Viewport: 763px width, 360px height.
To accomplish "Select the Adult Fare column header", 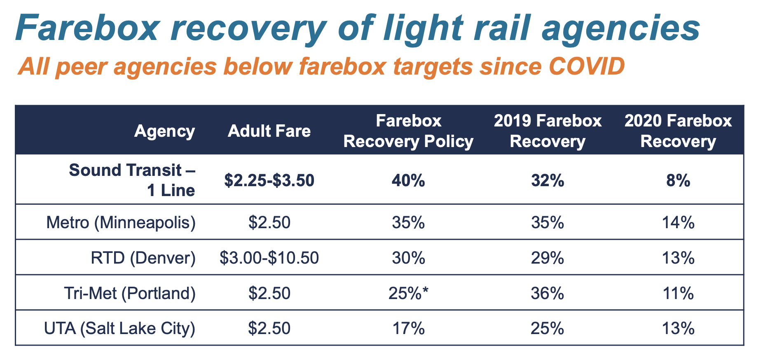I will [269, 131].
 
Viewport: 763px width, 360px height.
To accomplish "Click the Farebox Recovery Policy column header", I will [408, 131].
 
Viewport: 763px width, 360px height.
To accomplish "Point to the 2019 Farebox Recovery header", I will [548, 131].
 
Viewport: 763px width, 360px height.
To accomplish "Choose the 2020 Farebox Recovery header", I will [678, 131].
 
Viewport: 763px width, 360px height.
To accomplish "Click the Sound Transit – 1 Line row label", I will [132, 180].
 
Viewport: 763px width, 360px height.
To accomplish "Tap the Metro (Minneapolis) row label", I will [121, 222].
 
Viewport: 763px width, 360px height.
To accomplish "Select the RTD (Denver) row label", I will [143, 258].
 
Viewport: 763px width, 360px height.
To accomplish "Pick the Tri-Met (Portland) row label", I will [130, 293].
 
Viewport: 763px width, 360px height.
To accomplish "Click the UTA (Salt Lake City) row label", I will [119, 328].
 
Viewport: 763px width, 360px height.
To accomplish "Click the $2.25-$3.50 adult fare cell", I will [269, 180].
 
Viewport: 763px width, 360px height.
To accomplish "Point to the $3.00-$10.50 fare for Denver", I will [269, 258].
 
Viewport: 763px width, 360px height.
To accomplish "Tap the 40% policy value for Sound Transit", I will [408, 180].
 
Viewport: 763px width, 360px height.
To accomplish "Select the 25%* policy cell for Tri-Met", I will [408, 293].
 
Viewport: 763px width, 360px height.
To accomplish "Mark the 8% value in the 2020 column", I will [678, 180].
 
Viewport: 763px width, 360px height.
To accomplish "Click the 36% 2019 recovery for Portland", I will [548, 293].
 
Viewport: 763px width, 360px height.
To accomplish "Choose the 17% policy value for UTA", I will [408, 328].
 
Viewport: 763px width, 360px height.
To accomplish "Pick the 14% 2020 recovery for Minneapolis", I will [678, 222].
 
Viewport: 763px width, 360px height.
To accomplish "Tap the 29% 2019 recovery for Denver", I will [548, 258].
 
